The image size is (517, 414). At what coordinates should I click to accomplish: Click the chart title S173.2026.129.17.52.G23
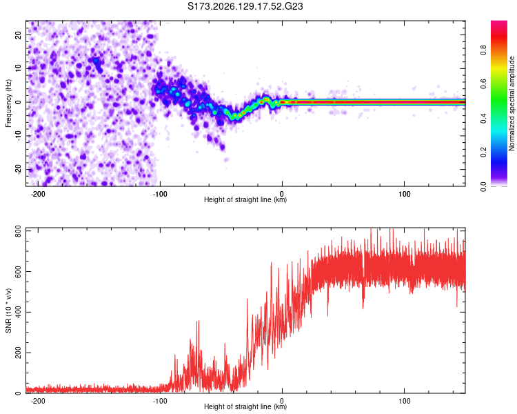coord(245,6)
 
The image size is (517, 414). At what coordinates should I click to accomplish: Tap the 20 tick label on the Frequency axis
coord(19,35)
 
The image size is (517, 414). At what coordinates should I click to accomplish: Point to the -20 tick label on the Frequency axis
coord(19,169)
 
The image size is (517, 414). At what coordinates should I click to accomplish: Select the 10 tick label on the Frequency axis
coord(19,68)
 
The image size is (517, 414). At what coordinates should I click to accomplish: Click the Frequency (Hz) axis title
coord(8,103)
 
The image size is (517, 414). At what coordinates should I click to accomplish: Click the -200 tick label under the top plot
coord(38,194)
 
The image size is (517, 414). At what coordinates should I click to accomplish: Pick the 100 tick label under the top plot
coord(404,194)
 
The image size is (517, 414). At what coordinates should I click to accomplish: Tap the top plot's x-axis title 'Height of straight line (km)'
coord(245,199)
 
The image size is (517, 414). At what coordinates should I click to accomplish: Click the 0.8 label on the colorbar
coord(483,50)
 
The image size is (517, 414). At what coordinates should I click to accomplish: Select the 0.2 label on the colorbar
coord(483,152)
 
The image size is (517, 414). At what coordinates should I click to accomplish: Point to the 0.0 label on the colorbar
coord(483,186)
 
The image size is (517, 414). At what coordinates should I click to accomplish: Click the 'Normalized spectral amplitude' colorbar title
coord(511,103)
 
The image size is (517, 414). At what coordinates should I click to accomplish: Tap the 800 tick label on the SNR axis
coord(19,231)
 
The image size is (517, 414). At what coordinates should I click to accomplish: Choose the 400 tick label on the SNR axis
coord(19,312)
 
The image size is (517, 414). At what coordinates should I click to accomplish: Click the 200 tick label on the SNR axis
coord(19,353)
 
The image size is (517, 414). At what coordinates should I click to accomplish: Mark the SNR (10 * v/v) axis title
coord(8,310)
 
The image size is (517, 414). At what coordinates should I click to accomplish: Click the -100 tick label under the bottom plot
coord(160,401)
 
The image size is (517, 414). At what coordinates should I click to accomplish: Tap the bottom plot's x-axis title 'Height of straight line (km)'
coord(245,406)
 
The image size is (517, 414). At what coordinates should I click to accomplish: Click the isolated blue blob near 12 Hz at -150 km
coord(96,61)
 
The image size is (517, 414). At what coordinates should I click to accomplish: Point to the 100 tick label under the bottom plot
coord(404,401)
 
